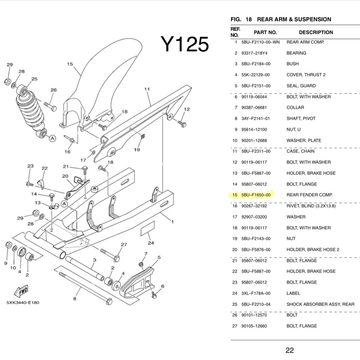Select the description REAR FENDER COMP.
point(309,195)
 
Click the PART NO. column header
point(265,32)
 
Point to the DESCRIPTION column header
point(316,32)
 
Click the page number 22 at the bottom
point(289,350)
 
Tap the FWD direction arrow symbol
point(21,291)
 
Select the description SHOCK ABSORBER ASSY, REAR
point(320,304)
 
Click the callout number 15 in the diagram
point(70,64)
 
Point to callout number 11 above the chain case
point(147,89)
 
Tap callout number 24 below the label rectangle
point(151,243)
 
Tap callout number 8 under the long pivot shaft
point(75,299)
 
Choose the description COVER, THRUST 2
point(306,75)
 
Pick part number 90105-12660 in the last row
point(254,326)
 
